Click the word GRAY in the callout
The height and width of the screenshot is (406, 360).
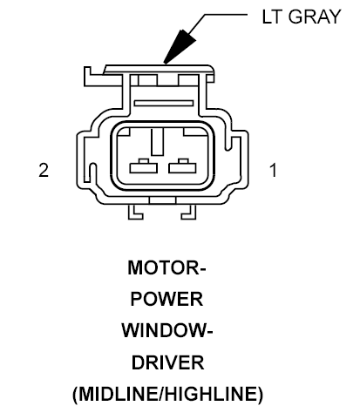pos(315,17)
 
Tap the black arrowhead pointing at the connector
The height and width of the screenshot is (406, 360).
pos(180,46)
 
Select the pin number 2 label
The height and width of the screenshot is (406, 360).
pos(44,170)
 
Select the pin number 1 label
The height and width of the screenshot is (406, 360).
pos(273,170)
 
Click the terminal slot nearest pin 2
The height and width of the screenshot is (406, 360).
pos(144,166)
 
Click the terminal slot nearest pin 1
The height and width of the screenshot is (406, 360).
pos(182,166)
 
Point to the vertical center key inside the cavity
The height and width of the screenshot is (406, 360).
pos(157,142)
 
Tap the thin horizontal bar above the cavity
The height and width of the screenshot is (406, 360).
pos(164,103)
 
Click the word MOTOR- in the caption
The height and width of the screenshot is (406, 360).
pos(166,267)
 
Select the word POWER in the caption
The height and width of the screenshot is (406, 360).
pos(166,299)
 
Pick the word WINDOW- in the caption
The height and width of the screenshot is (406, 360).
pos(167,330)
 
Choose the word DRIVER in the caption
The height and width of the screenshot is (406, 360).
pos(168,362)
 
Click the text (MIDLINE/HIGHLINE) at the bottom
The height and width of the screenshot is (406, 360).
pos(167,395)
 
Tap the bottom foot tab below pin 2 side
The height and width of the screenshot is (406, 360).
pos(135,212)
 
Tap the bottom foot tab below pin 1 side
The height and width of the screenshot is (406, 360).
pos(189,212)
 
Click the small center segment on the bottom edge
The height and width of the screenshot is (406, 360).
pos(162,200)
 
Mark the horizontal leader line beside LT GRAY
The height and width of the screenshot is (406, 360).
pos(226,14)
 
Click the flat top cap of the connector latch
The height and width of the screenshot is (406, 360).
pos(160,69)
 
